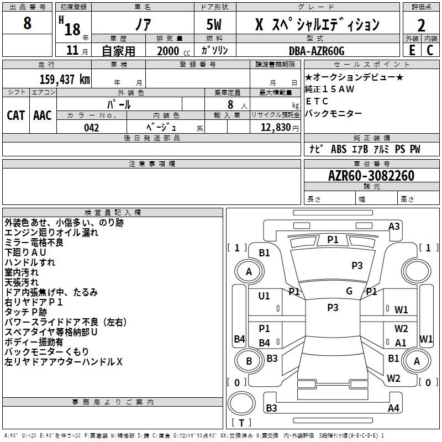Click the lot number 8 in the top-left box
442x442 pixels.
(x=28, y=24)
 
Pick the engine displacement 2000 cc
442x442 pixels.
(x=171, y=51)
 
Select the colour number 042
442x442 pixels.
(x=92, y=128)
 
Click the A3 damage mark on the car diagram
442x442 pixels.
(x=394, y=226)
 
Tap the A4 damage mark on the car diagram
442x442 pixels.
(x=393, y=408)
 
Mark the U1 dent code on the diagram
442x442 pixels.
(x=264, y=296)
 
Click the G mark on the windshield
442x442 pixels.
(x=349, y=291)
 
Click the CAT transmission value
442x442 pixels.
(x=15, y=115)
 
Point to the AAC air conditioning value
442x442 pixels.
(x=43, y=115)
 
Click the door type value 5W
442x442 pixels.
(x=215, y=24)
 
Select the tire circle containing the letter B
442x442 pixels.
(x=249, y=361)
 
